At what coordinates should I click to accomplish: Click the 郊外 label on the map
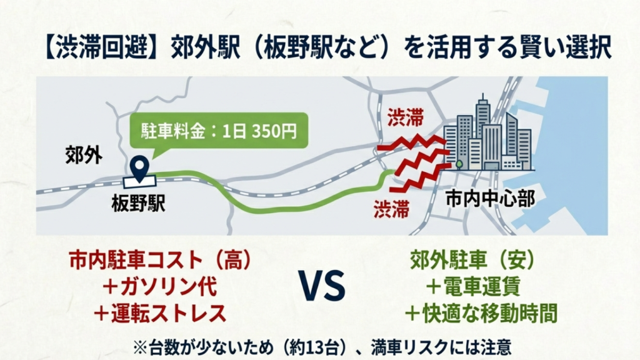coord(84,156)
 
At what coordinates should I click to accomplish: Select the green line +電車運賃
coord(483,287)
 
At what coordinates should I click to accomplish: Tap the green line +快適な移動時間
coord(483,314)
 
